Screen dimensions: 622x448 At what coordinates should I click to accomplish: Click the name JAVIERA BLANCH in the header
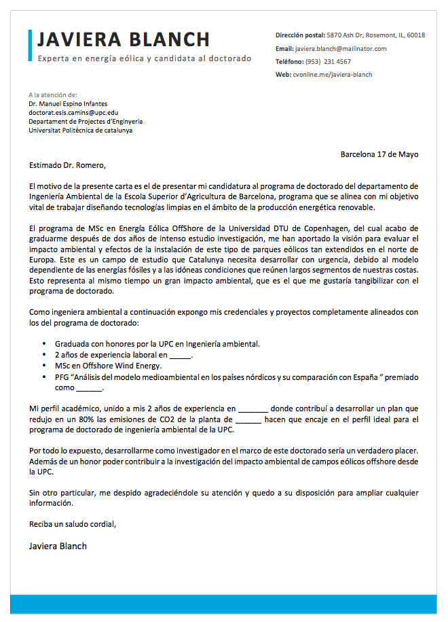tap(124, 39)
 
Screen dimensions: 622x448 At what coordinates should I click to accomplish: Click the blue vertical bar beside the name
tap(31, 46)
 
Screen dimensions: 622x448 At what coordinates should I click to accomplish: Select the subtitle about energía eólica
tap(145, 58)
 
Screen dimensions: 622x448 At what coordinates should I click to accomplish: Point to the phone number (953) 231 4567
tap(329, 62)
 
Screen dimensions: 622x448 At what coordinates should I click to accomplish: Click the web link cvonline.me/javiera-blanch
tap(333, 75)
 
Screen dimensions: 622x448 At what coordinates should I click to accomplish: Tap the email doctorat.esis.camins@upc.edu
tap(73, 112)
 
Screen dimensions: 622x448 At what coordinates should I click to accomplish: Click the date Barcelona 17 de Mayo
tap(379, 154)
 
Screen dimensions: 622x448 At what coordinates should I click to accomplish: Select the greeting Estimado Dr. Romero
tap(68, 165)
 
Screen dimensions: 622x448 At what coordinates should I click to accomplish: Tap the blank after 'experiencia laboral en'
tap(180, 355)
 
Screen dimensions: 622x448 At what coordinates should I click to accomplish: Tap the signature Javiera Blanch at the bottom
tap(58, 546)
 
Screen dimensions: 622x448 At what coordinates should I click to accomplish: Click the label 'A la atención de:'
tap(53, 94)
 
